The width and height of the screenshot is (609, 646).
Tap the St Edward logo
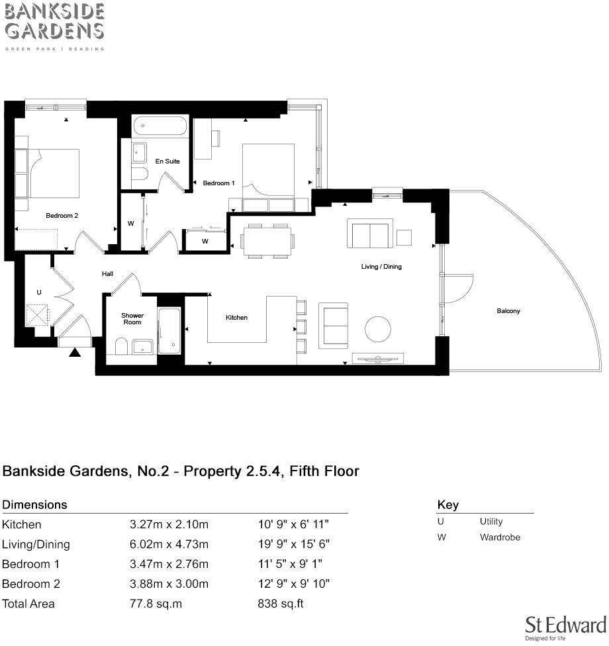(565, 626)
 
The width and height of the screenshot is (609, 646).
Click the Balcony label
(508, 310)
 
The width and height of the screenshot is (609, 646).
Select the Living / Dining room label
(381, 267)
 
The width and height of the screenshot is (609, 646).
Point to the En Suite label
(167, 161)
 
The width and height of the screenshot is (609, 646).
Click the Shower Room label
(132, 318)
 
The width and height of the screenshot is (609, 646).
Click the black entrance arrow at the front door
(75, 353)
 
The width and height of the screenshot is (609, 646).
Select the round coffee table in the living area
(380, 330)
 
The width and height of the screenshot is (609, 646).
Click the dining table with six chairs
(266, 240)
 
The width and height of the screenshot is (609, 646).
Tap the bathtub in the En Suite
(160, 126)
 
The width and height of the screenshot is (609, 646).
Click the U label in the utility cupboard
(39, 292)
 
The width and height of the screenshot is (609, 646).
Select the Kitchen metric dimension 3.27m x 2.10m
(169, 524)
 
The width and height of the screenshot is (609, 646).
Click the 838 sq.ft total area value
(280, 604)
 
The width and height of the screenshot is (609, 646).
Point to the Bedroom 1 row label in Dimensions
(31, 564)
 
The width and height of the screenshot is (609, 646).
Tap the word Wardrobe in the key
(500, 537)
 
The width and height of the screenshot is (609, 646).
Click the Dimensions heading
(35, 504)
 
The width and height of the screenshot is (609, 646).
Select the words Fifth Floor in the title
(324, 471)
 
